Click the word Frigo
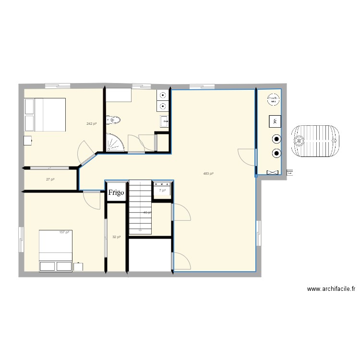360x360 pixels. point(116,192)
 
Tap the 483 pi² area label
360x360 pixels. point(208,174)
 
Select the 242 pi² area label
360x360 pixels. point(92,124)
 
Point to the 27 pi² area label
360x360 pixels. point(50,180)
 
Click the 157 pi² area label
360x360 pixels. point(64,232)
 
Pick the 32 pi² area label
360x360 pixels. point(116,237)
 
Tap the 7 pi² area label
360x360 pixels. point(162,191)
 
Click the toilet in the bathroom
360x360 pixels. point(114,120)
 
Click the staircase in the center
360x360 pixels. point(140,206)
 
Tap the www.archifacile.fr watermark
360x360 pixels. point(331,289)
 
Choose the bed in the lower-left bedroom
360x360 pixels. point(56,250)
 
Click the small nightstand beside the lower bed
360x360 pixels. point(79,266)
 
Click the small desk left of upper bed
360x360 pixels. point(28,140)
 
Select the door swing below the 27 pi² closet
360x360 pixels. point(91,200)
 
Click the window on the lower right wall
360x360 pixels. point(259,233)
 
